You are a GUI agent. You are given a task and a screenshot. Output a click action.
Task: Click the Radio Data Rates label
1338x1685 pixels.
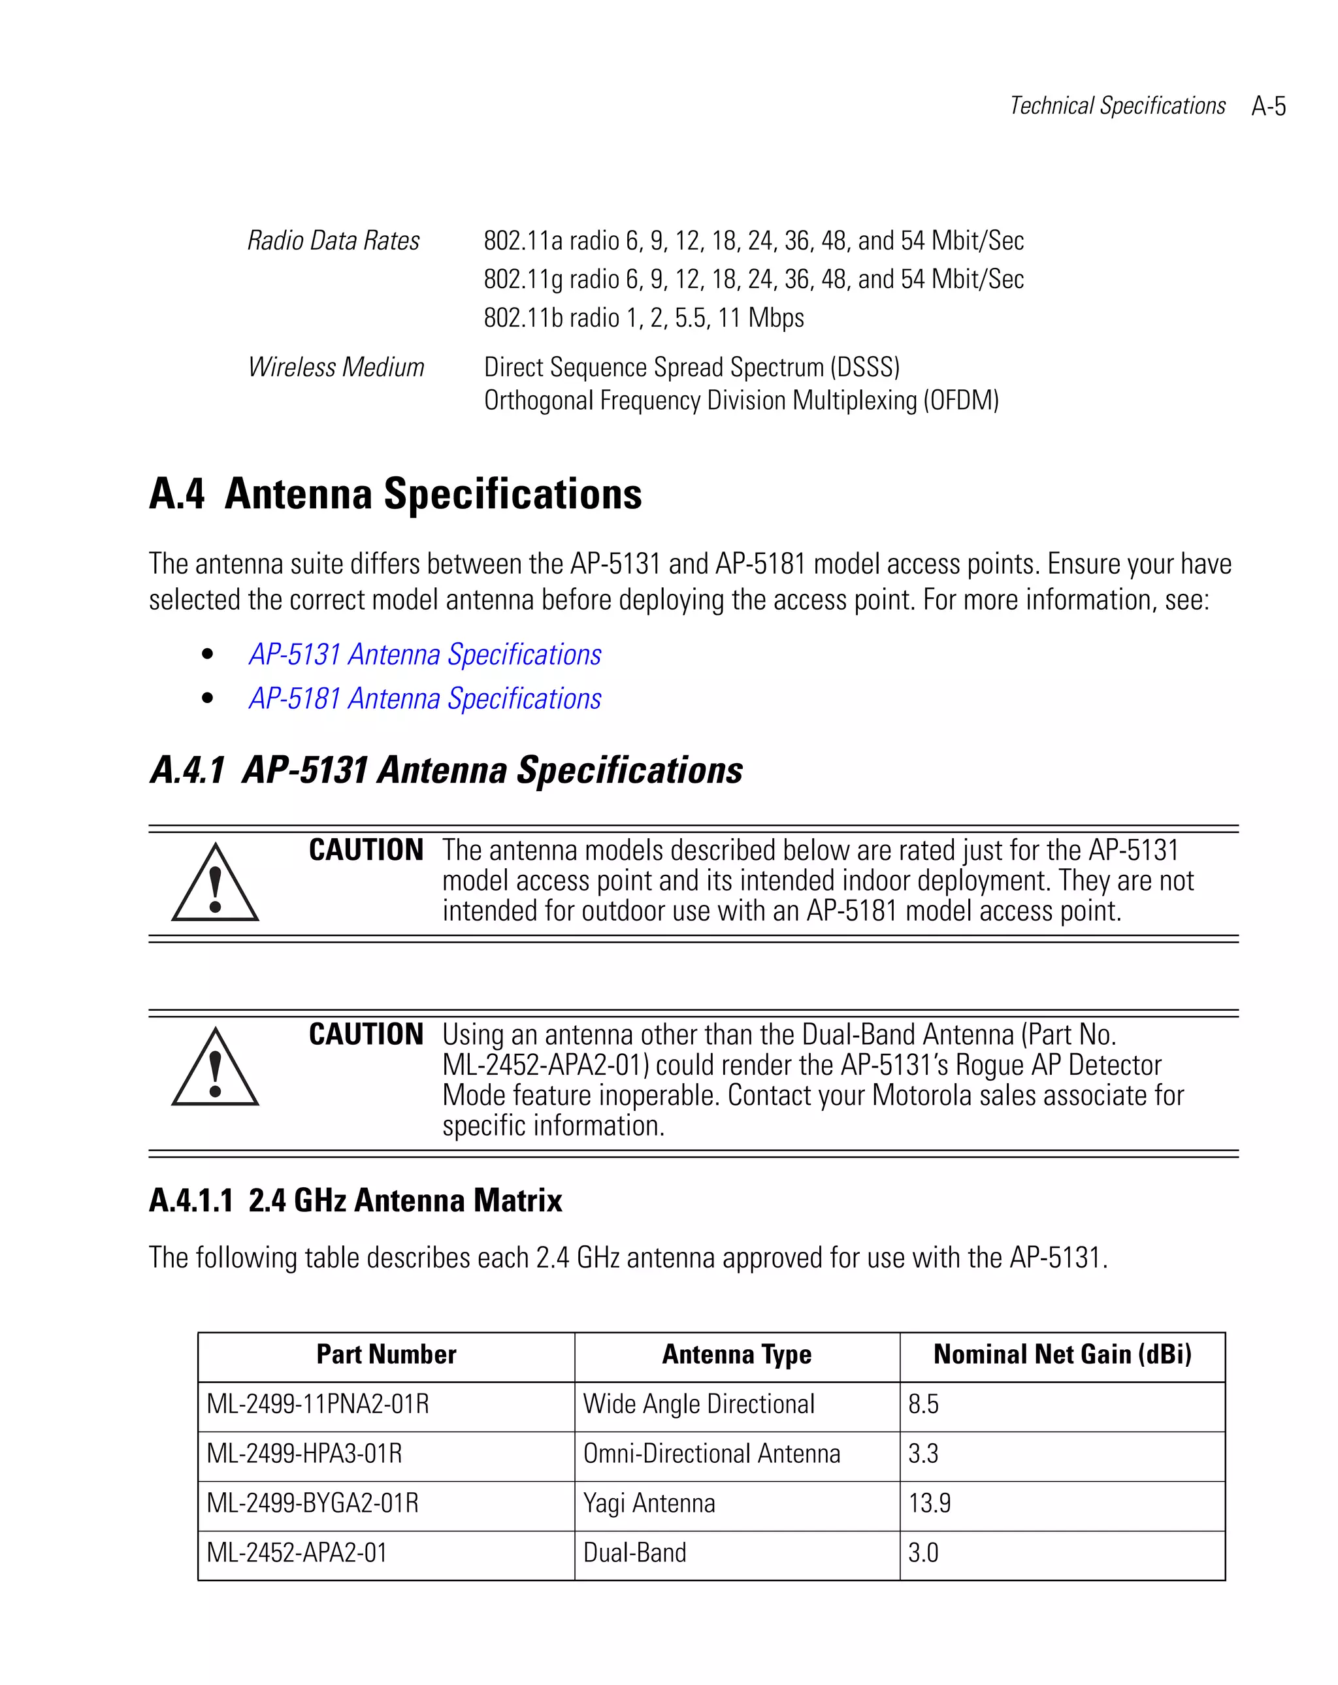click(333, 240)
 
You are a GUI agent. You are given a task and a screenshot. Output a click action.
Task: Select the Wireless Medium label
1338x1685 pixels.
click(335, 367)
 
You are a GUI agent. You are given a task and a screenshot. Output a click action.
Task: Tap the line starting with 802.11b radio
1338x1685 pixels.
click(644, 318)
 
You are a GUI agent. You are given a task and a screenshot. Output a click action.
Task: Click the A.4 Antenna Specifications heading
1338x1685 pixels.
click(395, 494)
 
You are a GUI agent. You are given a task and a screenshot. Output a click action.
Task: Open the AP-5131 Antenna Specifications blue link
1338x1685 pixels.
click(425, 655)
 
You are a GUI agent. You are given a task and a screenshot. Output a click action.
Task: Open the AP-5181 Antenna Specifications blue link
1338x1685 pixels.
click(425, 698)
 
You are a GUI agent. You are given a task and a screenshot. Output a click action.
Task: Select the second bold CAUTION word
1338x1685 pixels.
click(366, 1035)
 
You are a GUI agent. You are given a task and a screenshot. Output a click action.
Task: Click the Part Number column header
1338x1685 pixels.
click(386, 1354)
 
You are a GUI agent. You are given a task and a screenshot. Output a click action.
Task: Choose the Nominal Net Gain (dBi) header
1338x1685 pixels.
click(1062, 1354)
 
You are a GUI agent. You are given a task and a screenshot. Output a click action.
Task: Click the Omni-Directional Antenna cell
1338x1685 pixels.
click(711, 1454)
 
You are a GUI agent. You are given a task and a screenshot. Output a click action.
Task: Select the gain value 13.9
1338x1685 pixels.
click(929, 1503)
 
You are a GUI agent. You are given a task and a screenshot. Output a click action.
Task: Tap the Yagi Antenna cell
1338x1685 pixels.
click(649, 1503)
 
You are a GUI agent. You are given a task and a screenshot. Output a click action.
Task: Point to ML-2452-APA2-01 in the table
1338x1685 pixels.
click(297, 1552)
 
